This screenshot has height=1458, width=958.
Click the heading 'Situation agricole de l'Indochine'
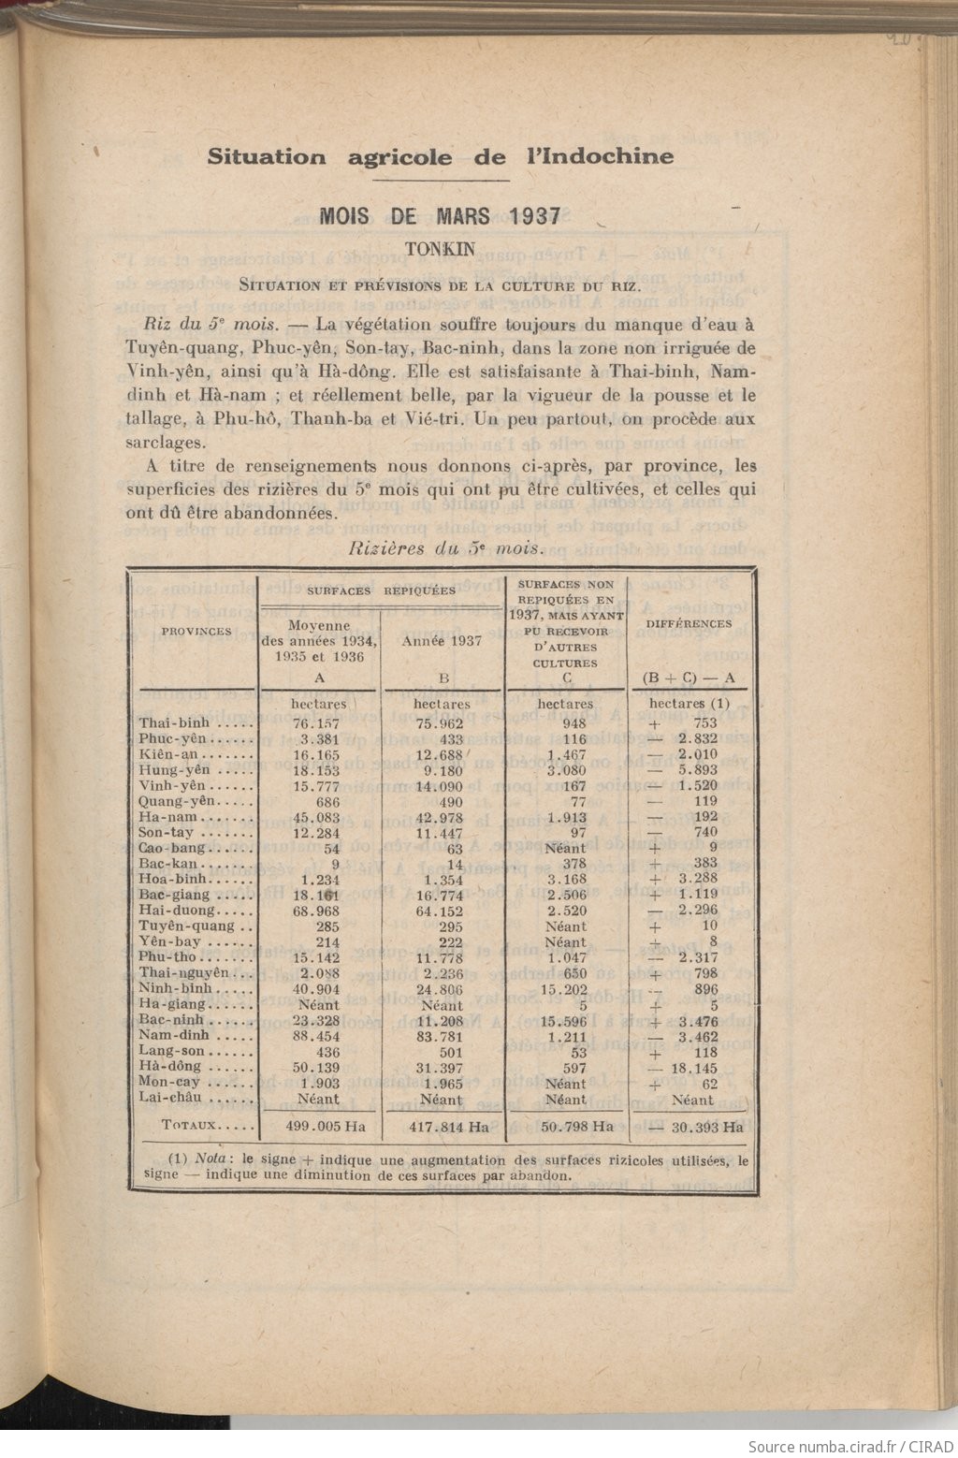[x=440, y=156]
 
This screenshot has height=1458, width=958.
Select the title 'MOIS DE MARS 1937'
[x=440, y=216]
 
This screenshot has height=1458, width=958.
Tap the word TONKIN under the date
[x=440, y=249]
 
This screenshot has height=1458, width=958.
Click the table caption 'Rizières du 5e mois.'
[x=441, y=548]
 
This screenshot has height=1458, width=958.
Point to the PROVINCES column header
[x=196, y=631]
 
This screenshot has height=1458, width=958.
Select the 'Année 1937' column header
[x=442, y=641]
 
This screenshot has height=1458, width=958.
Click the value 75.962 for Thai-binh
[x=441, y=722]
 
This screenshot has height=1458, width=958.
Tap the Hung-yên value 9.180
[x=441, y=770]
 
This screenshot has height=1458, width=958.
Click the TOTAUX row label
[x=191, y=1127]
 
